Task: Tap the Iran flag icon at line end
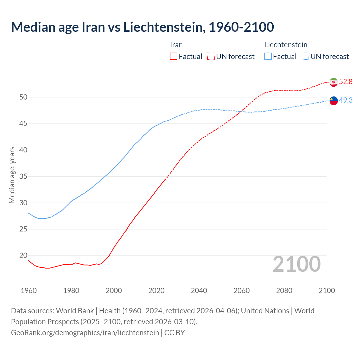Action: click(334, 82)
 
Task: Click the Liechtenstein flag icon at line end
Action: click(334, 101)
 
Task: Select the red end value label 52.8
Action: click(346, 82)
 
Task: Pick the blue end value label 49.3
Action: click(346, 100)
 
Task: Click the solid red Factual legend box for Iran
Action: click(174, 57)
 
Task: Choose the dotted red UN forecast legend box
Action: click(211, 57)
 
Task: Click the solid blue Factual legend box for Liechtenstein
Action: click(268, 57)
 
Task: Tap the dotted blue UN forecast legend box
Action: click(305, 57)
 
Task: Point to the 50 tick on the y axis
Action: click(23, 97)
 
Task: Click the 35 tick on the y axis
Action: click(23, 177)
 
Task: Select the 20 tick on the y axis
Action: click(23, 256)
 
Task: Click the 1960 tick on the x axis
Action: click(29, 291)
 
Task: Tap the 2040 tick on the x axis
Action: click(199, 291)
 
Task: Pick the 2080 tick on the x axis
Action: click(284, 291)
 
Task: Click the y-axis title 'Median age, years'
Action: click(12, 175)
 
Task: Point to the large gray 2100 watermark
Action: click(297, 264)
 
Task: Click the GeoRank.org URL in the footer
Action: click(85, 333)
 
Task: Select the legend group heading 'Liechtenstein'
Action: click(286, 45)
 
